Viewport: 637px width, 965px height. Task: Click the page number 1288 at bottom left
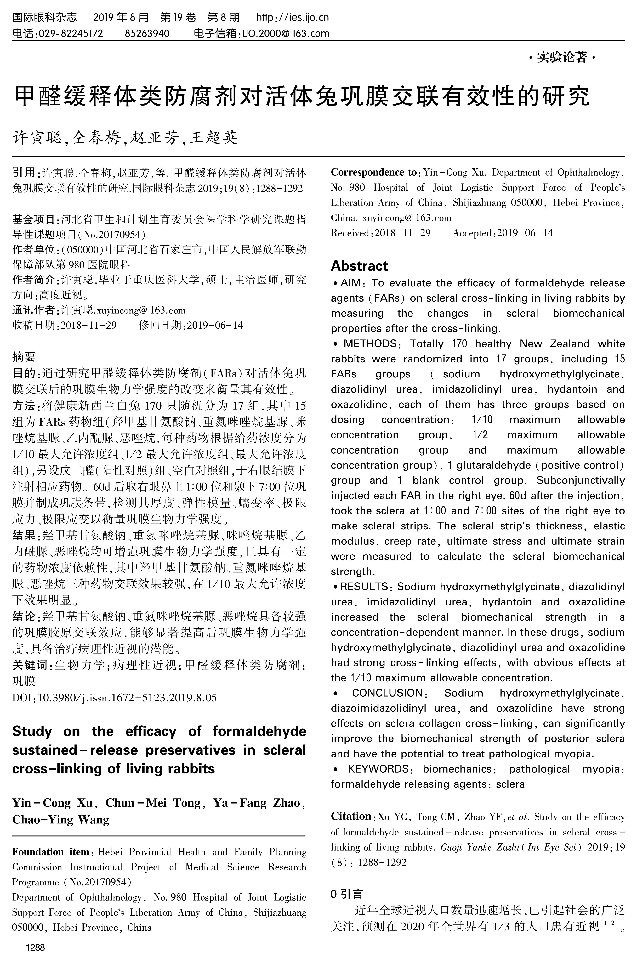coord(35,948)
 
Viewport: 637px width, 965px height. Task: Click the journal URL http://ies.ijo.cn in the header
coord(293,17)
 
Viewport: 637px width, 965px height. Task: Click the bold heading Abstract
coord(359,266)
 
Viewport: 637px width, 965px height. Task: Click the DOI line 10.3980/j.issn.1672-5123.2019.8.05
coord(115,697)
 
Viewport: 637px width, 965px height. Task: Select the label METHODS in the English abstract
coord(370,343)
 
